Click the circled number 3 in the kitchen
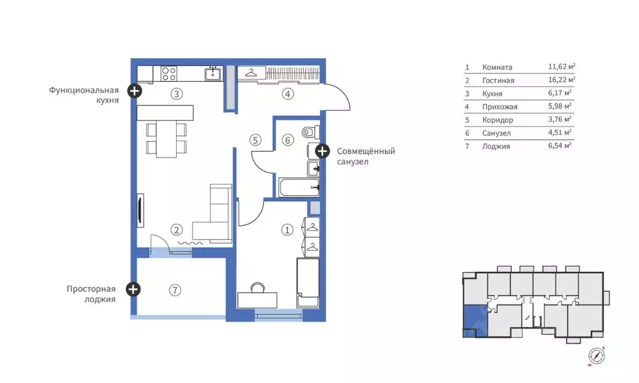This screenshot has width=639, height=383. pyautogui.click(x=176, y=94)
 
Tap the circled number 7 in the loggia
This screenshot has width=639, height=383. pyautogui.click(x=175, y=290)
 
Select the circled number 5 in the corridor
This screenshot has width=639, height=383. pyautogui.click(x=255, y=140)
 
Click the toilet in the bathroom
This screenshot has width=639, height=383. pyautogui.click(x=311, y=132)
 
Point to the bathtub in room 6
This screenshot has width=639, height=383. pyautogui.click(x=299, y=187)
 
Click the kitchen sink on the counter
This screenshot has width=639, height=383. pyautogui.click(x=213, y=74)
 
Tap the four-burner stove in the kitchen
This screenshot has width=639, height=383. pyautogui.click(x=169, y=74)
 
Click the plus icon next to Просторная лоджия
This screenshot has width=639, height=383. pyautogui.click(x=133, y=289)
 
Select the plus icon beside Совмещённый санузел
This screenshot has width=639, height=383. pyautogui.click(x=322, y=152)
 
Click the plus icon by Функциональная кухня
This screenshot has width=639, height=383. pyautogui.click(x=134, y=91)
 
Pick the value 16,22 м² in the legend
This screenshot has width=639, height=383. pyautogui.click(x=562, y=80)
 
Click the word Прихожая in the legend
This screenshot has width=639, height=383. pyautogui.click(x=500, y=107)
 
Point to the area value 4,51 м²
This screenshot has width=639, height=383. pyautogui.click(x=560, y=132)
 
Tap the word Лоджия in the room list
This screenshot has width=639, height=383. pyautogui.click(x=496, y=147)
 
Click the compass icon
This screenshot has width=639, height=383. pyautogui.click(x=597, y=356)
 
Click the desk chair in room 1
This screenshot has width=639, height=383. pyautogui.click(x=257, y=288)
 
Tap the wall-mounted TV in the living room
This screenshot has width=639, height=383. pyautogui.click(x=140, y=210)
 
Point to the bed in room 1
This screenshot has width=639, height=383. pyautogui.click(x=308, y=282)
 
